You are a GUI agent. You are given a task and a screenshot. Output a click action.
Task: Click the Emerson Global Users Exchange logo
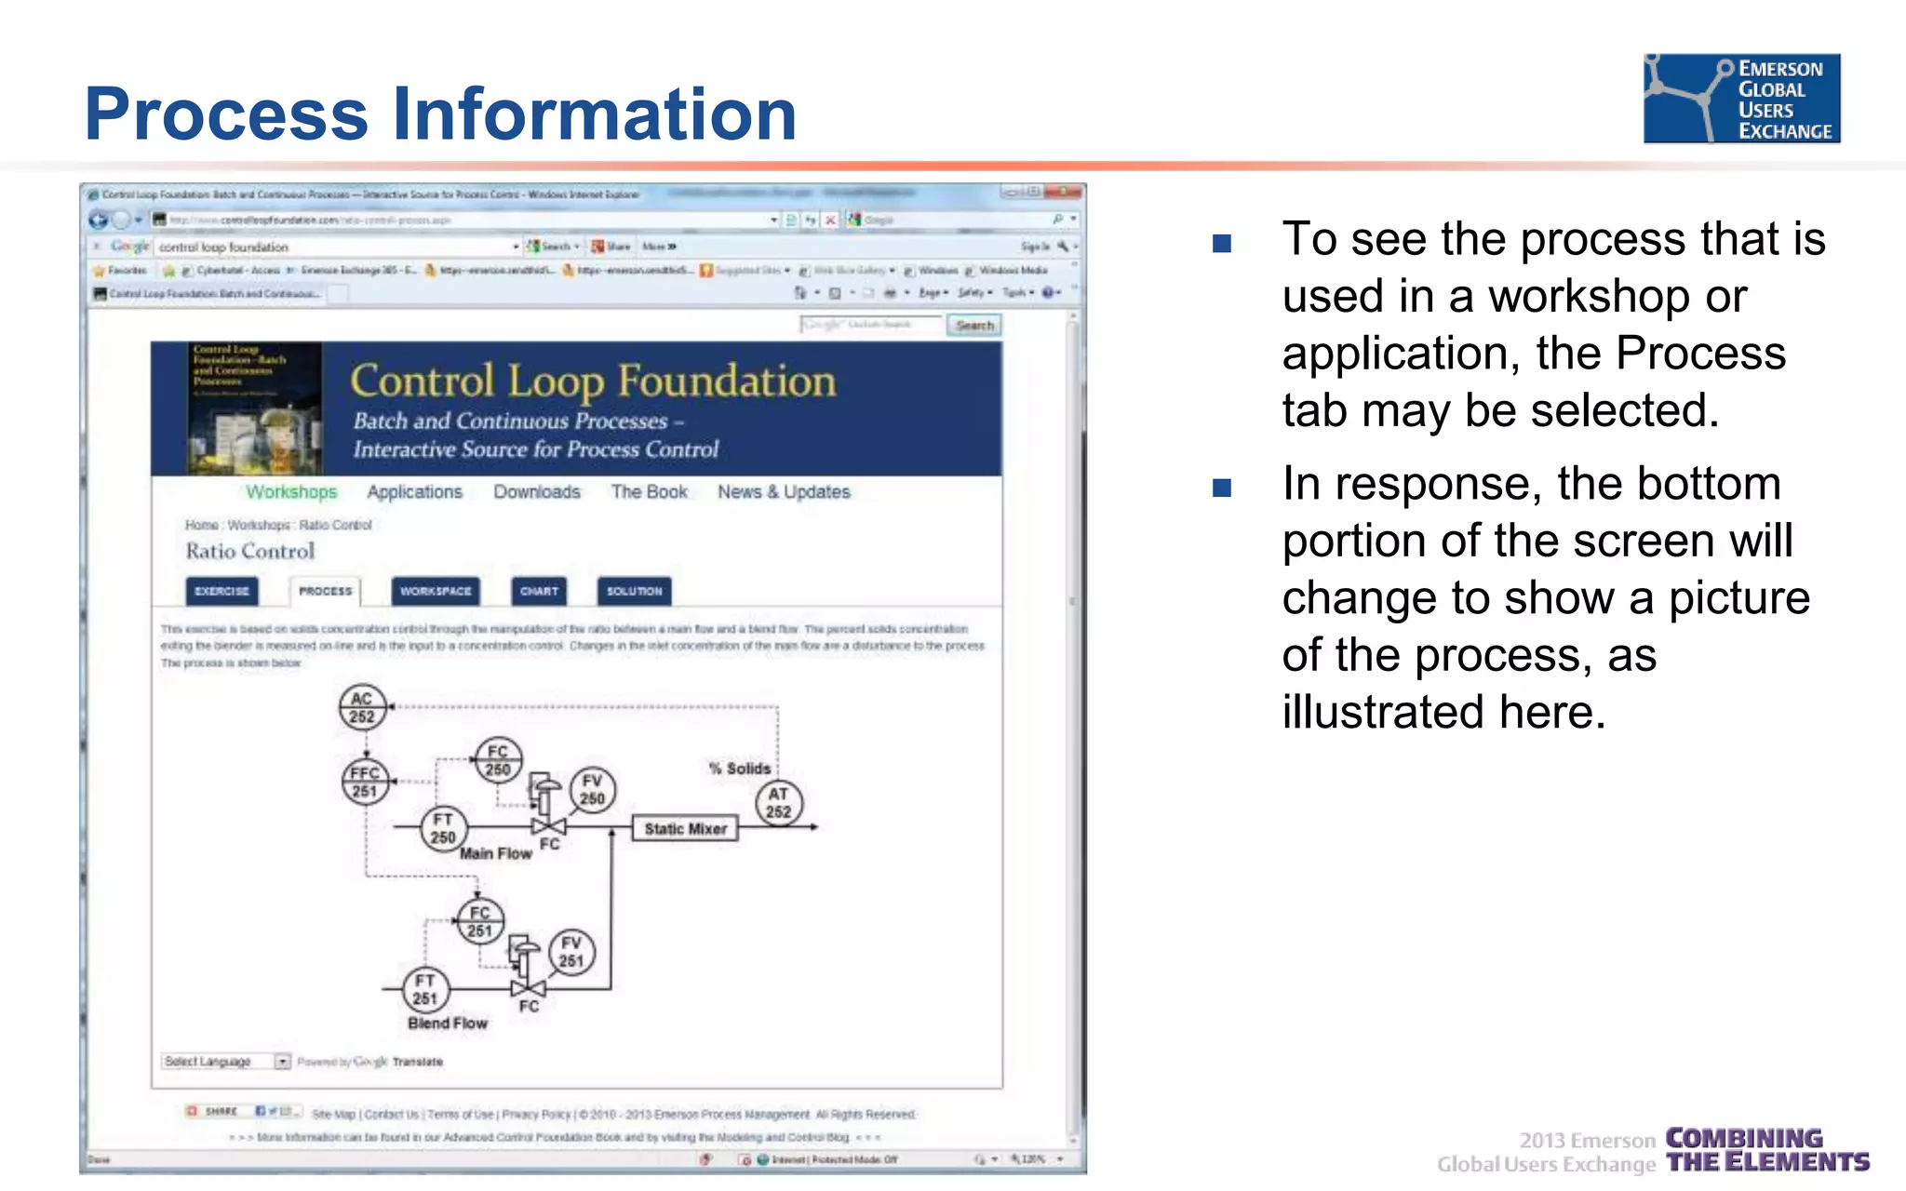tap(1741, 98)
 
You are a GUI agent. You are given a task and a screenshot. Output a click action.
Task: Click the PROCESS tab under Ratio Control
tap(325, 591)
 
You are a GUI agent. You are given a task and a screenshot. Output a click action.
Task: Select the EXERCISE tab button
tap(222, 591)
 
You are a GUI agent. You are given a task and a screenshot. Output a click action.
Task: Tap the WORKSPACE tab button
tap(436, 591)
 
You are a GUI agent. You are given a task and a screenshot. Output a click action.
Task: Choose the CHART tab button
tap(539, 591)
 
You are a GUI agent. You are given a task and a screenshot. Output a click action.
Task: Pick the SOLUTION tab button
tap(634, 591)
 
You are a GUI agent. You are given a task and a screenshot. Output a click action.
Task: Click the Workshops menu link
tap(291, 491)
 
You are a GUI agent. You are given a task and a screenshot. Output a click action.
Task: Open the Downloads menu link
tap(537, 491)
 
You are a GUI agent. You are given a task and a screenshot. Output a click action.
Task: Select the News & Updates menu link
tap(784, 491)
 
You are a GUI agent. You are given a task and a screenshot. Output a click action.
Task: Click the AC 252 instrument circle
tap(362, 707)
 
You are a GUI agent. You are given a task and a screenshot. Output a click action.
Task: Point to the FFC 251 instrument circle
tap(365, 782)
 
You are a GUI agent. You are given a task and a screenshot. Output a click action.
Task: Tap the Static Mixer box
tap(685, 828)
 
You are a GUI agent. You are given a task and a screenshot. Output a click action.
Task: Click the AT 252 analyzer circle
tap(778, 803)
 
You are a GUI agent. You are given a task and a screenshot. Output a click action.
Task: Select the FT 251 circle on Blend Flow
tap(425, 989)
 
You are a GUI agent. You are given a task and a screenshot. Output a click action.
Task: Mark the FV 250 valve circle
tap(592, 789)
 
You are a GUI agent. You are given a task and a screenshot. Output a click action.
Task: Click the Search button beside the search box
tap(974, 325)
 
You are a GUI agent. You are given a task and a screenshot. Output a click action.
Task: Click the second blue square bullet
tap(1222, 488)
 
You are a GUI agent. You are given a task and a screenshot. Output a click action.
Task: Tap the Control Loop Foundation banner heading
tap(593, 381)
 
